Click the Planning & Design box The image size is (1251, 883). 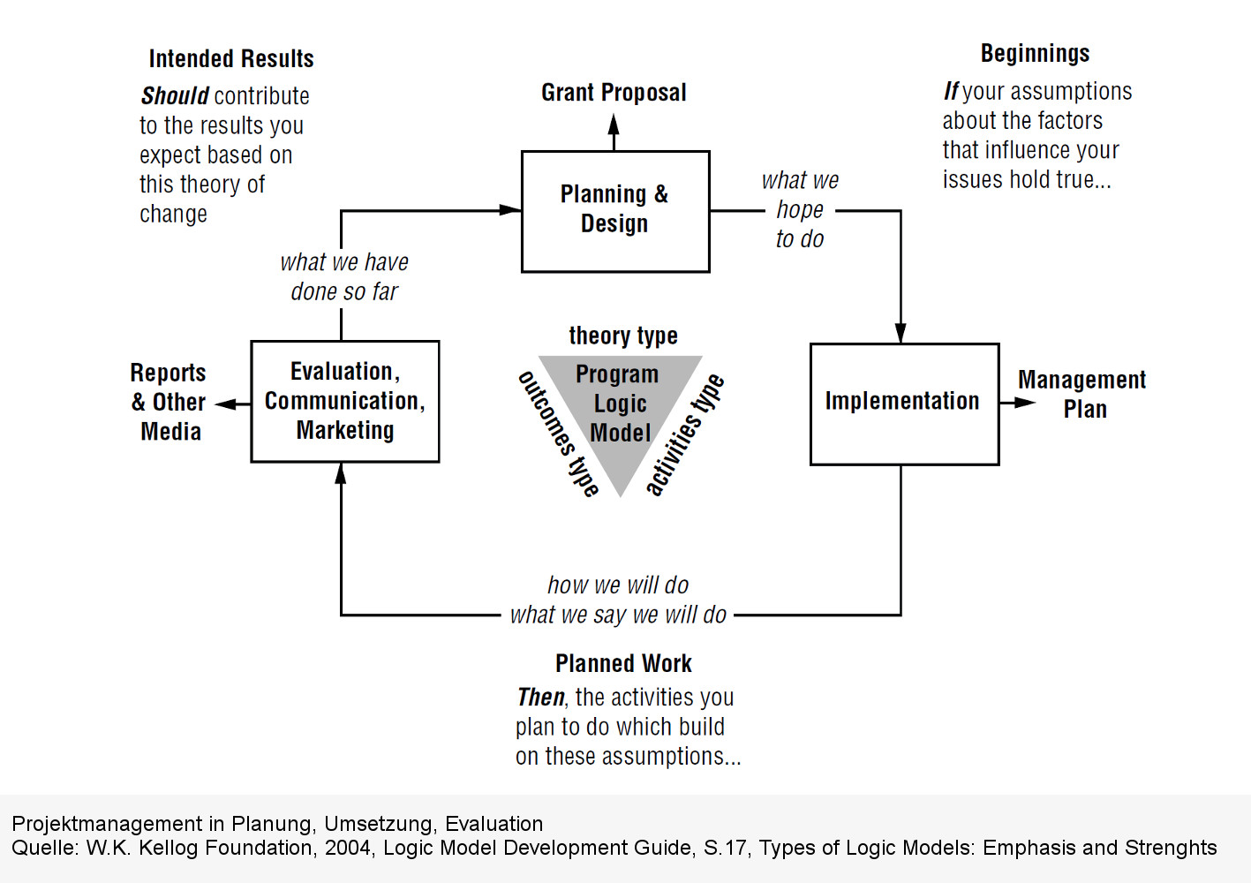coord(615,211)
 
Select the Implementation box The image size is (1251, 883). coord(904,404)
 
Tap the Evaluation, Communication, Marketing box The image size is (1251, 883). coord(345,402)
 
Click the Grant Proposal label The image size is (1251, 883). coord(614,93)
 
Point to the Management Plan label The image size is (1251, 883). coord(1082,395)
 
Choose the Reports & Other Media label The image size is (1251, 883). coord(169,402)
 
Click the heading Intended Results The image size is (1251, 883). coord(231,59)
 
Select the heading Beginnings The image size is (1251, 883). coord(1035,54)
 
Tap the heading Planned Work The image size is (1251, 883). coord(623,663)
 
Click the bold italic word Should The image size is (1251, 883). coord(175,95)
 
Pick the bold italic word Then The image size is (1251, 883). coord(540,698)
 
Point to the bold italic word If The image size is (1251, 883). coord(951,91)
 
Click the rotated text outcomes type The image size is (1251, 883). coord(558,433)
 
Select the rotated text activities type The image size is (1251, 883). coord(684,434)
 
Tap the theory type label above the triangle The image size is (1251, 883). coord(623,336)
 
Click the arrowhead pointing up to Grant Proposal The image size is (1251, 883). coord(614,124)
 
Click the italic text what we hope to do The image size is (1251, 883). coord(800,210)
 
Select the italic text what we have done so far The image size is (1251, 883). coord(344,276)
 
